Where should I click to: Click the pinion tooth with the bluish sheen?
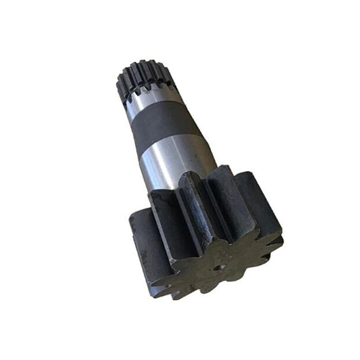tap(193, 216)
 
